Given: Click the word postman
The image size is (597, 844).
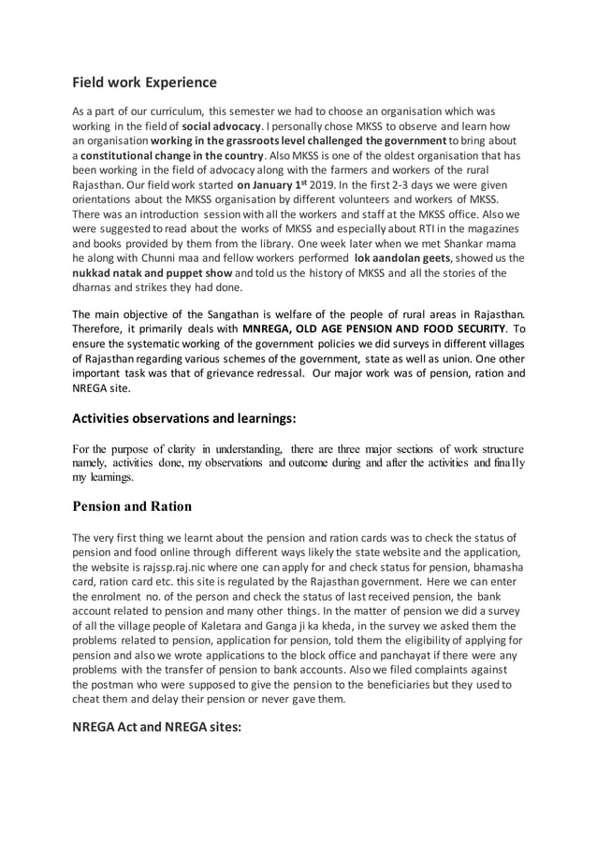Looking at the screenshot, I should click(110, 685).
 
